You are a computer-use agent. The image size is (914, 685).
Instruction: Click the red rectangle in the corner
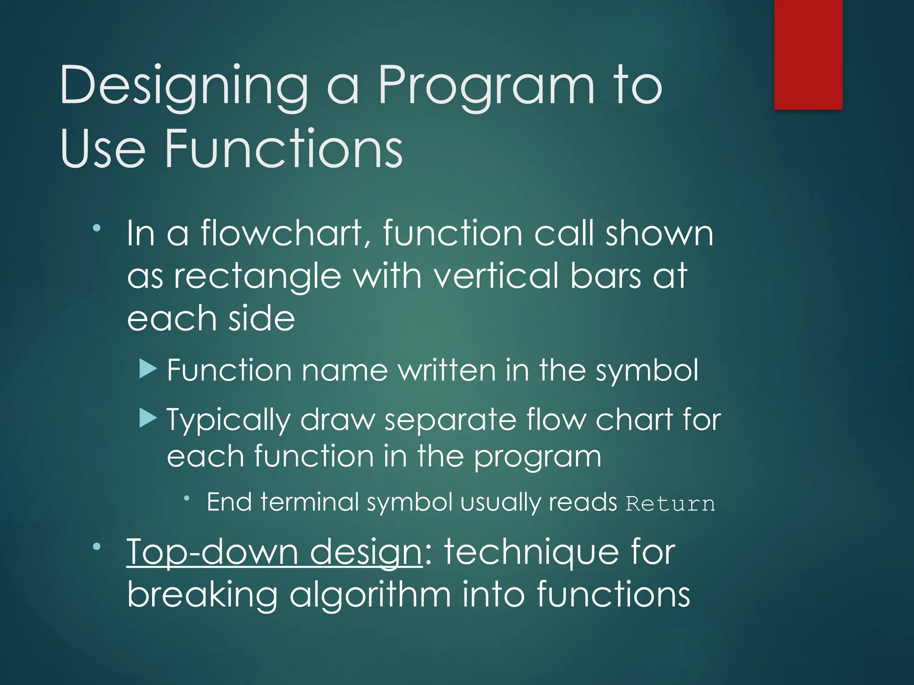point(808,54)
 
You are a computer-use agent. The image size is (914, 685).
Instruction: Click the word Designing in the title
point(183,87)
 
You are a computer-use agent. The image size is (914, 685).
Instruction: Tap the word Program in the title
point(486,87)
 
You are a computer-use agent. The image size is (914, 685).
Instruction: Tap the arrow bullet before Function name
point(148,369)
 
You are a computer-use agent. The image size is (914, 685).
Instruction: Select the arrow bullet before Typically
point(148,418)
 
